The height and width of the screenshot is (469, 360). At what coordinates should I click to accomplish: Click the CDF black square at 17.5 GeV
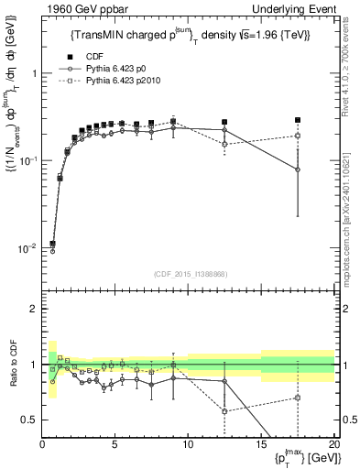(298, 120)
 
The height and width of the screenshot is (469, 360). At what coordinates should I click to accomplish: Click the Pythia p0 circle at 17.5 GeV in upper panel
(298, 169)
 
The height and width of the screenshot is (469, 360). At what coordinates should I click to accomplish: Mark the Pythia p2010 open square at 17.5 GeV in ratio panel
(298, 398)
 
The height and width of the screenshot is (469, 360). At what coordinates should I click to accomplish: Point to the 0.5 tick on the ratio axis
(32, 420)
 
